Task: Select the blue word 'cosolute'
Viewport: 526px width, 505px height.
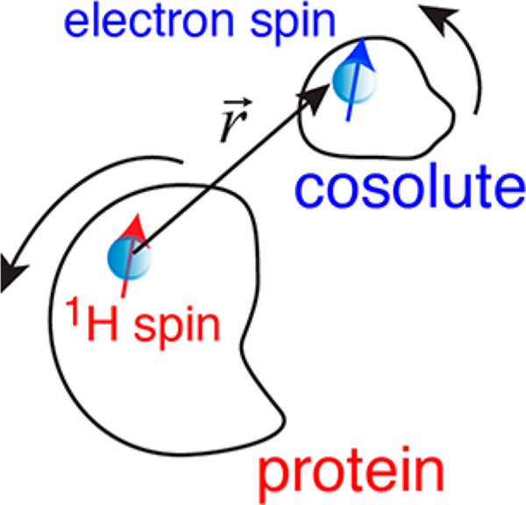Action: [412, 186]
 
